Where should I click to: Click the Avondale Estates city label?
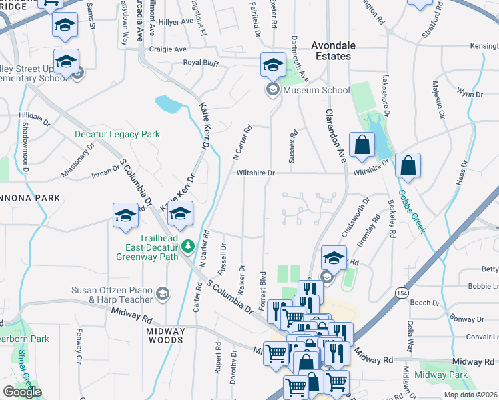pyautogui.click(x=332, y=51)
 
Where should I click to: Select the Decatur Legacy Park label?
pyautogui.click(x=117, y=134)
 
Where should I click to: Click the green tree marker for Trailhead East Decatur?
pyautogui.click(x=189, y=247)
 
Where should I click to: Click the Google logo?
pyautogui.click(x=22, y=392)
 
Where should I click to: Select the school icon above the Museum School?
pyautogui.click(x=272, y=65)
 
